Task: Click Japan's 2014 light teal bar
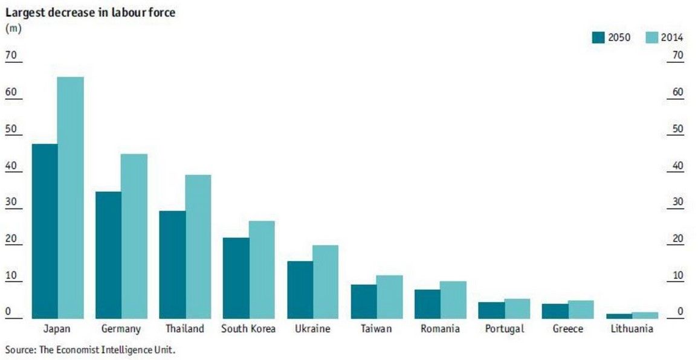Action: click(71, 198)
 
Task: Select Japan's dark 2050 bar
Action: click(45, 231)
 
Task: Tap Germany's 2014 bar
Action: click(134, 236)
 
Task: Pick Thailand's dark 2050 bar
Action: click(172, 265)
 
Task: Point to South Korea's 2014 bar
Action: click(262, 269)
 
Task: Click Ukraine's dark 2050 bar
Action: click(300, 289)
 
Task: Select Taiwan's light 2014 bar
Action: click(390, 297)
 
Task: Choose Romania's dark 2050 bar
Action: click(427, 304)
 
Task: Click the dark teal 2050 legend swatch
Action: click(598, 37)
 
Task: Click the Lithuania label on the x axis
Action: click(632, 329)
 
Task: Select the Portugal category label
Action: click(505, 329)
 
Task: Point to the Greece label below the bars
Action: click(567, 329)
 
